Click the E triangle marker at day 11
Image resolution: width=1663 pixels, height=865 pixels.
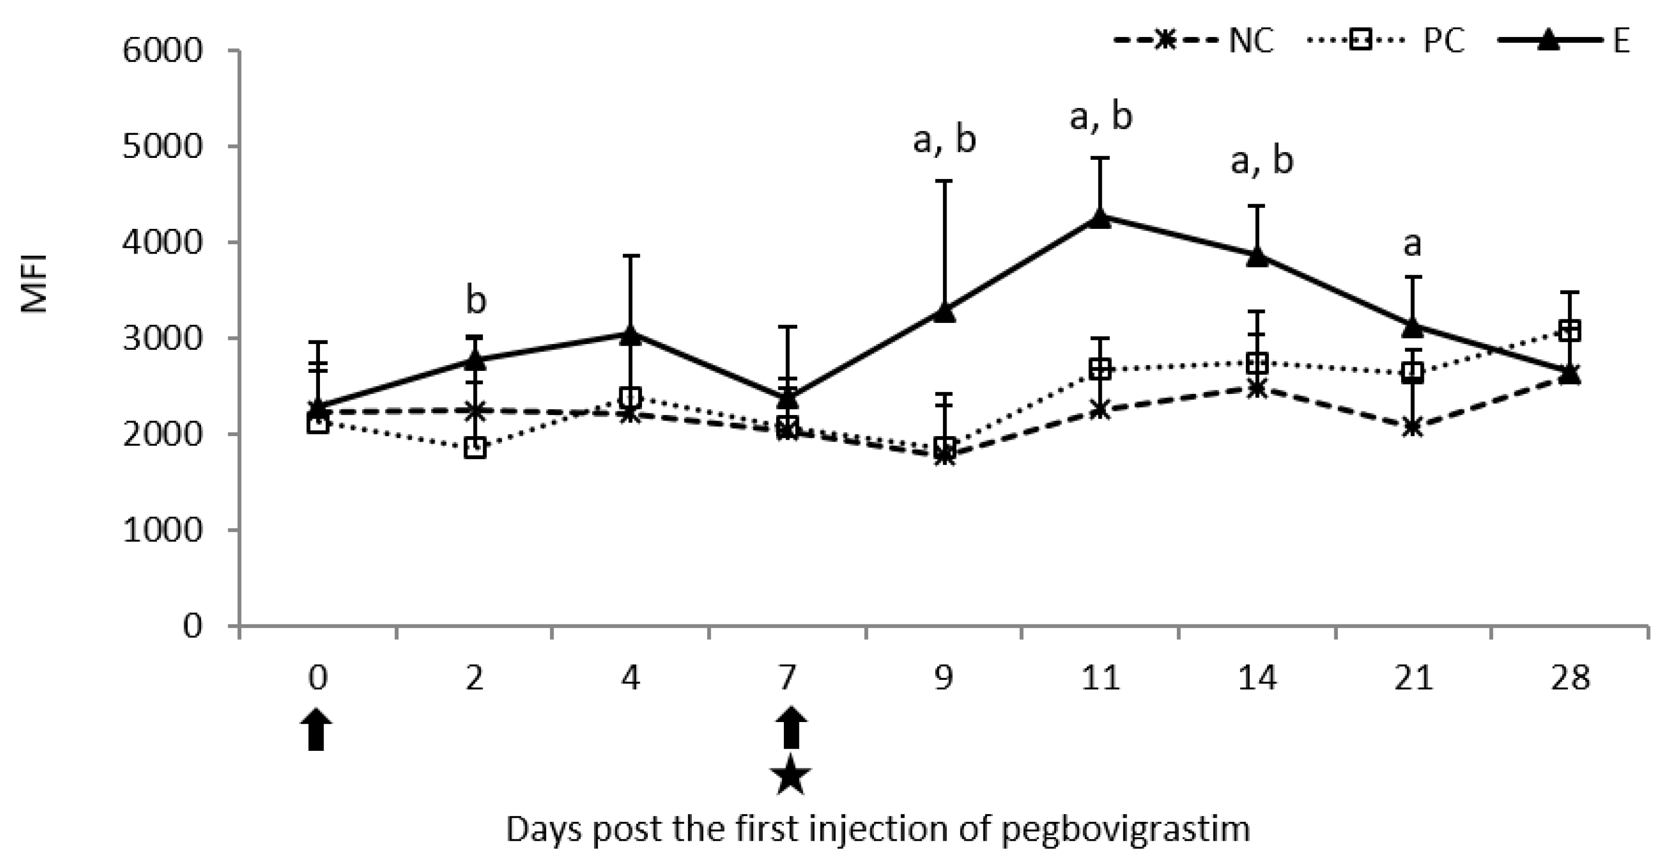(1101, 218)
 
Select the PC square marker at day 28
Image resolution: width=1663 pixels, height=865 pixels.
(1569, 332)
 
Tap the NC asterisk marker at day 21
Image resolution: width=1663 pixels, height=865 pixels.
(1413, 427)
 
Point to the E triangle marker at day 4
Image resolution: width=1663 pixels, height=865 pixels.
(631, 335)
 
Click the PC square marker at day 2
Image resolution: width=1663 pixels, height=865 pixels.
(475, 447)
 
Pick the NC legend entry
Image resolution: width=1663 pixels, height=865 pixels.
(1193, 41)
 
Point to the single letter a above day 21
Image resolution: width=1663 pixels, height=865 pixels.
(1413, 245)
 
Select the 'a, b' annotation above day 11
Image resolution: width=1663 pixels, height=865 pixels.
(1101, 117)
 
